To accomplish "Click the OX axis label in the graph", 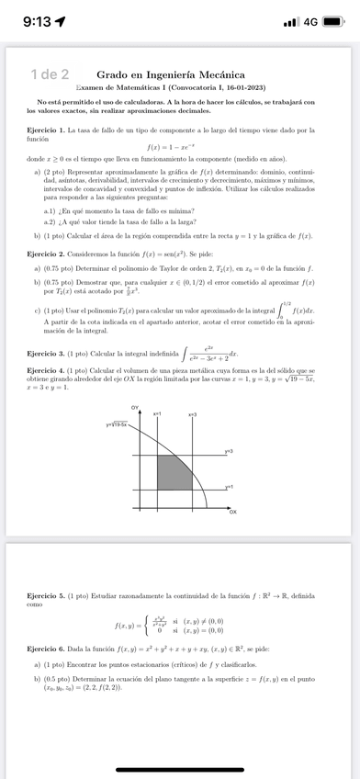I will click(x=232, y=510).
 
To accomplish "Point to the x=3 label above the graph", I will click(x=193, y=415).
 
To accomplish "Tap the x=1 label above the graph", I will click(x=156, y=415).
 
